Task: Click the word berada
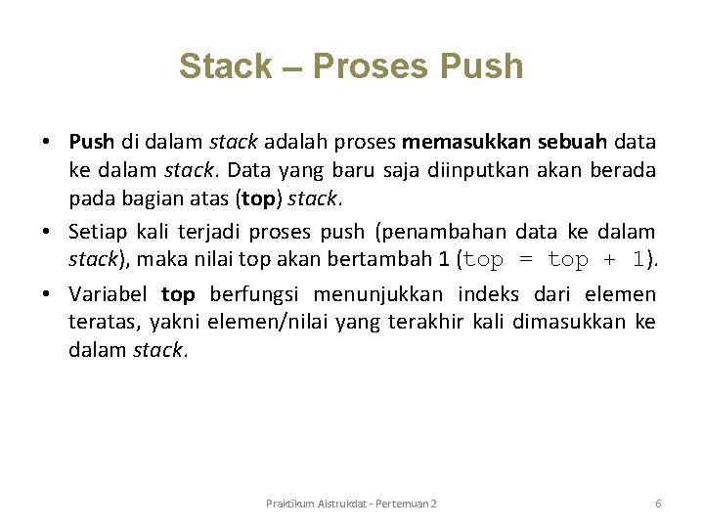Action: click(623, 171)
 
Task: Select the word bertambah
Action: click(360, 260)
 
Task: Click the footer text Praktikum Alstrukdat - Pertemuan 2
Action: click(351, 503)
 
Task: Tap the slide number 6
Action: click(658, 503)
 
